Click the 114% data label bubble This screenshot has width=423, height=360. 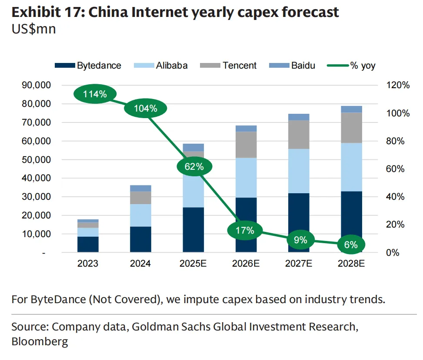pyautogui.click(x=95, y=94)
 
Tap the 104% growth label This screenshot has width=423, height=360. pyautogui.click(x=146, y=109)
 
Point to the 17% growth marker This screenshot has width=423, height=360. pyautogui.click(x=245, y=231)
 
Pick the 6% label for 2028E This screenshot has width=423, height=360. pyautogui.click(x=350, y=245)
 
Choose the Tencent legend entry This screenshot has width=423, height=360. pyautogui.click(x=229, y=66)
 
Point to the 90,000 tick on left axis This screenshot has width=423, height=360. pyautogui.click(x=36, y=85)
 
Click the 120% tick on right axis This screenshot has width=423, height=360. pyautogui.click(x=398, y=85)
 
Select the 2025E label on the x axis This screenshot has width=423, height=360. pyautogui.click(x=193, y=263)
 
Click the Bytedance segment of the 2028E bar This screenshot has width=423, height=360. pyautogui.click(x=351, y=221)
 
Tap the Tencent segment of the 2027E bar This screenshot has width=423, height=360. pyautogui.click(x=299, y=135)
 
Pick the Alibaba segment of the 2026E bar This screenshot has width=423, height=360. pyautogui.click(x=246, y=178)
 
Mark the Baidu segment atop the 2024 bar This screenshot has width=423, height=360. pyautogui.click(x=140, y=188)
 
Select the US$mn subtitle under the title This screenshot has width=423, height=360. pyautogui.click(x=33, y=30)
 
